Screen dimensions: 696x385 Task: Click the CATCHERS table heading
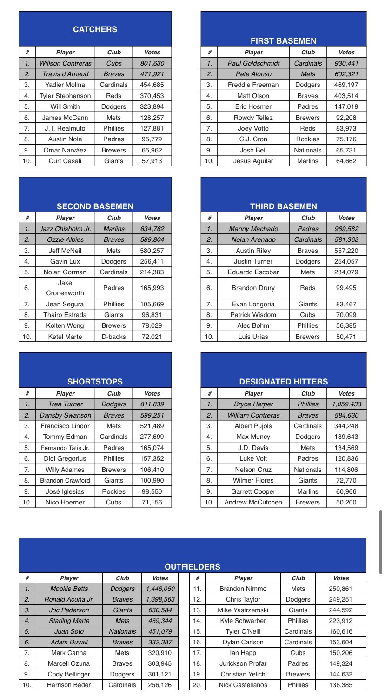tap(95, 30)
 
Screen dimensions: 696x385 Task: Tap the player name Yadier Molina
tap(65, 85)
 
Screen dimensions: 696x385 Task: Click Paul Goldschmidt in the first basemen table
tap(253, 63)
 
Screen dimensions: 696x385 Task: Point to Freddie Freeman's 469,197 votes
tap(346, 85)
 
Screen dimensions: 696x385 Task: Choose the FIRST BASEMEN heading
tap(283, 41)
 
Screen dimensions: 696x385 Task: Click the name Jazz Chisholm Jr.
tap(65, 229)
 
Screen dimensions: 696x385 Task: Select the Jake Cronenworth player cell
tap(65, 288)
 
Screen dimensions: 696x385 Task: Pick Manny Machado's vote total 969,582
tap(346, 229)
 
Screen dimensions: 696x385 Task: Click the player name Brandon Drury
tap(253, 288)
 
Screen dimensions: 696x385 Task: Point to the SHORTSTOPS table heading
tap(95, 382)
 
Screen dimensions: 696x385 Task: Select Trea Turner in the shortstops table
tap(65, 404)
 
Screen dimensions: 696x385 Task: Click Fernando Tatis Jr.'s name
tap(65, 447)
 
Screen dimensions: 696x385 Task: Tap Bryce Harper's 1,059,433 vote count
tap(346, 404)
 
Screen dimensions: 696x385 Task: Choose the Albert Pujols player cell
tap(253, 425)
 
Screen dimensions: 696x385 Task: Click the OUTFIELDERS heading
tap(192, 567)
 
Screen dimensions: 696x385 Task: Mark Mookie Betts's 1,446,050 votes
tap(160, 589)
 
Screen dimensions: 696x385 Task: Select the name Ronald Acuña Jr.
tap(69, 600)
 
